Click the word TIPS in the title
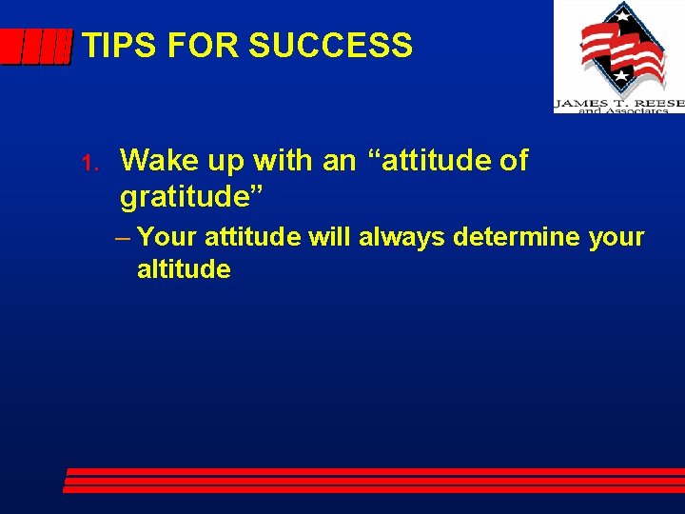tap(112, 46)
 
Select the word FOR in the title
tap(186, 46)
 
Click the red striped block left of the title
tap(35, 47)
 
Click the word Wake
tap(156, 161)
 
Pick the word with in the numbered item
tap(282, 161)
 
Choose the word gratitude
tap(191, 198)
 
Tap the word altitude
tap(184, 269)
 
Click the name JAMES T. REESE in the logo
tap(618, 101)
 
